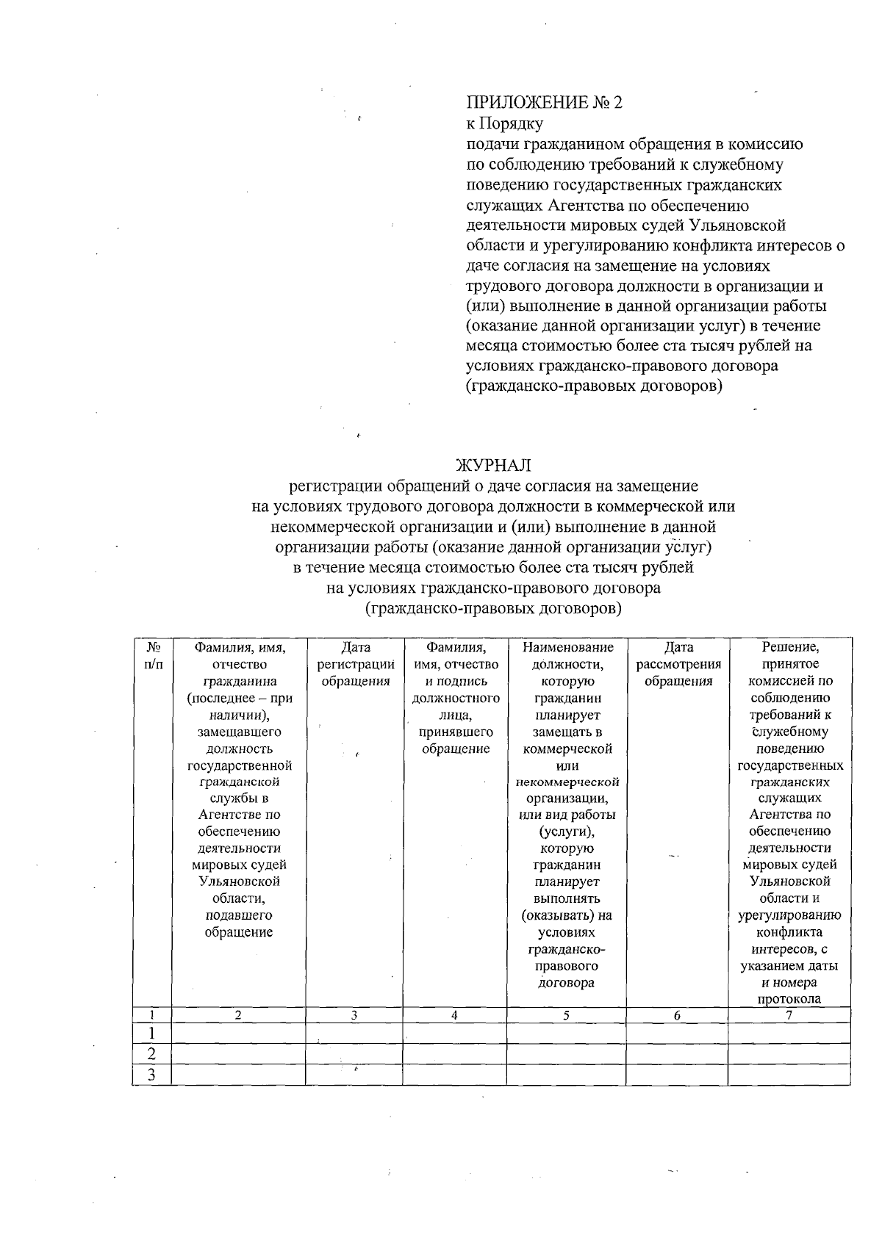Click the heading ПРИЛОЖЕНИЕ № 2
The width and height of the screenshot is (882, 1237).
(544, 102)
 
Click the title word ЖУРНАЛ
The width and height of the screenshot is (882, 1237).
(493, 466)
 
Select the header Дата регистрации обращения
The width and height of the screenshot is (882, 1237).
(356, 664)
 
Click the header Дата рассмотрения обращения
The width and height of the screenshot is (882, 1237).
(678, 664)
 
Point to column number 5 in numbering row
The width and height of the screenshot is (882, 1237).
(566, 1015)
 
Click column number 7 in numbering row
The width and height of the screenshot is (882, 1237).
(789, 1015)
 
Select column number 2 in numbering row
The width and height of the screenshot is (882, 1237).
(238, 1015)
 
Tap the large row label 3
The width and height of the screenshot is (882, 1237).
(151, 1075)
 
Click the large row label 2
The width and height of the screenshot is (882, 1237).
(151, 1054)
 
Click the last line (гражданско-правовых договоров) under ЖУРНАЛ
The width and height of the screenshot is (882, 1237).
(493, 609)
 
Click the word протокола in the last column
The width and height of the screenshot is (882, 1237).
(789, 999)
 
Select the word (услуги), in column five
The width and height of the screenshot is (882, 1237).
(566, 832)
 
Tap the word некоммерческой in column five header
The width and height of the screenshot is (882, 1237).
(566, 782)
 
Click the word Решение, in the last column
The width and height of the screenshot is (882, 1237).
(789, 647)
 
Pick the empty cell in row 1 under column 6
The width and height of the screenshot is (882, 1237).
(677, 1034)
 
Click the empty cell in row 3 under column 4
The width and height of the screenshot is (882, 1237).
(454, 1075)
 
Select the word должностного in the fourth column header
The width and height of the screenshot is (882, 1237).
(456, 698)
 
